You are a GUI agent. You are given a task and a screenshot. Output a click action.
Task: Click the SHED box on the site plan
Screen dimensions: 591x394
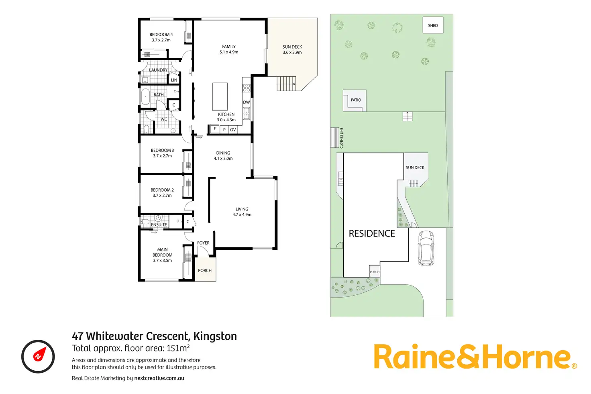pos(433,25)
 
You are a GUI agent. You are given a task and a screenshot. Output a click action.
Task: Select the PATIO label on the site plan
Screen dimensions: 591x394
pos(356,100)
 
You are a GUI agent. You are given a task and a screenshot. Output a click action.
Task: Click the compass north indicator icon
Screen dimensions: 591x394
pos(38,357)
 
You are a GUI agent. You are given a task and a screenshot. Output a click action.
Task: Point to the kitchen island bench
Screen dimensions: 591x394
pos(220,96)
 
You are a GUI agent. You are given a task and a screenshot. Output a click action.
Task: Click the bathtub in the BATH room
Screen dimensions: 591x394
pos(145,97)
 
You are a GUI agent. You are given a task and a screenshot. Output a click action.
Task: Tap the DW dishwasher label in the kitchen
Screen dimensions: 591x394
pos(246,102)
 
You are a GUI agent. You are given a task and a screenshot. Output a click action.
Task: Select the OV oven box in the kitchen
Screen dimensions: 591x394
pos(233,130)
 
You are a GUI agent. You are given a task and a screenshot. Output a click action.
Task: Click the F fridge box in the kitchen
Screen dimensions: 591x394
pos(215,129)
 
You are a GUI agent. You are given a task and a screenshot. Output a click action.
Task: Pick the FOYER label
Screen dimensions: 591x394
pos(203,243)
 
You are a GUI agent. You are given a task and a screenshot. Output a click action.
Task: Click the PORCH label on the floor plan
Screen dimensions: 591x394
pos(205,270)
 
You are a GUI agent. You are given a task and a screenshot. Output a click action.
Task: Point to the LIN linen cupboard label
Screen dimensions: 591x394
pos(174,80)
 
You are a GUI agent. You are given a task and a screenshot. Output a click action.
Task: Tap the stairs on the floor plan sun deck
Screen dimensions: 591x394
pos(286,84)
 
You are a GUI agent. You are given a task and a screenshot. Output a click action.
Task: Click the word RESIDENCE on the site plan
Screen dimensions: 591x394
pos(372,234)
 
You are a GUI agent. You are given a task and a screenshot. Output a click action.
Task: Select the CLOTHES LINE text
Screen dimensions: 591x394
pos(342,138)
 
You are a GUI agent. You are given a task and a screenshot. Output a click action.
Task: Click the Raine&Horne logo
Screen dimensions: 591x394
pos(475,357)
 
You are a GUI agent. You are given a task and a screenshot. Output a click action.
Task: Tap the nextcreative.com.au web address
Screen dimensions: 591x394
pos(159,378)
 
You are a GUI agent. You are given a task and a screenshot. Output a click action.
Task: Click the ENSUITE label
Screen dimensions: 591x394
pos(159,225)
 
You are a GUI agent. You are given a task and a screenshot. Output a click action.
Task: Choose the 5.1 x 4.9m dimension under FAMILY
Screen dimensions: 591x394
pos(229,52)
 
